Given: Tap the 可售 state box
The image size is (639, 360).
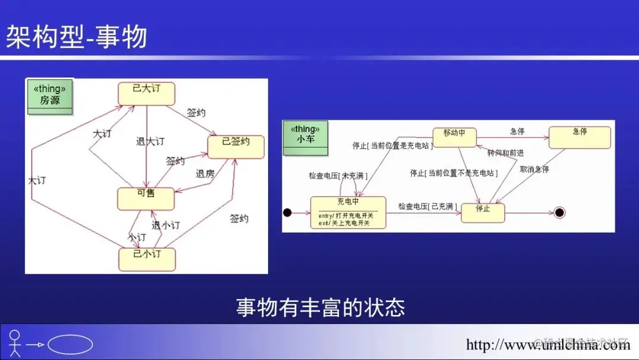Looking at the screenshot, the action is point(146,198).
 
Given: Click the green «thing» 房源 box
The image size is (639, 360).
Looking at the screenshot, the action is point(50,97).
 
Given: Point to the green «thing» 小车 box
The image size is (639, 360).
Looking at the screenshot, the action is point(305,139).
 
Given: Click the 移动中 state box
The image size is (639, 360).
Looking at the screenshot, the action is point(454,137).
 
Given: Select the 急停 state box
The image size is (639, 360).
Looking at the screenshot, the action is point(579,137).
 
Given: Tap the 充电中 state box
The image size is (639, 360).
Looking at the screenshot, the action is point(348,213).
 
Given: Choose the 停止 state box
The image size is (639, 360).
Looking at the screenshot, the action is point(483,212).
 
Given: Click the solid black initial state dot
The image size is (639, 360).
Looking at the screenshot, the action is point(288,213).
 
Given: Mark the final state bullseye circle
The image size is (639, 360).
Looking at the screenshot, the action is point(560,213).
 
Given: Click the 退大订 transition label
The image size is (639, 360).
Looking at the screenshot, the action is point(150,142).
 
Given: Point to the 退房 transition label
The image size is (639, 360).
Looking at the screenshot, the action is point(205,173).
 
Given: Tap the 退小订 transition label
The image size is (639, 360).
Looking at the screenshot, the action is point(166,225).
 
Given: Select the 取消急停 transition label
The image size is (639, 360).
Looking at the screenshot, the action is point(534,169).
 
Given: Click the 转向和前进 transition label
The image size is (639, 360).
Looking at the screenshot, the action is point(505,153).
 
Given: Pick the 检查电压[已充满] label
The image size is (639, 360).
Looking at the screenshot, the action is point(427,206).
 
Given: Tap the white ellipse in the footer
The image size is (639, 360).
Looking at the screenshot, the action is point(70,345).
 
